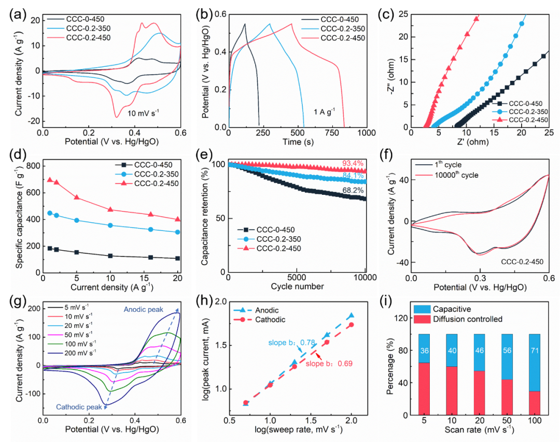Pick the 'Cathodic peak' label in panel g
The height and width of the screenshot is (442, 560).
75,407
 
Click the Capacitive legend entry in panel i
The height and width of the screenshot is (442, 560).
443,309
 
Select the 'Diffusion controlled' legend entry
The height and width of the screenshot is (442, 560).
456,319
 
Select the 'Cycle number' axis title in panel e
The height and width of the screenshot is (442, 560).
297,286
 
